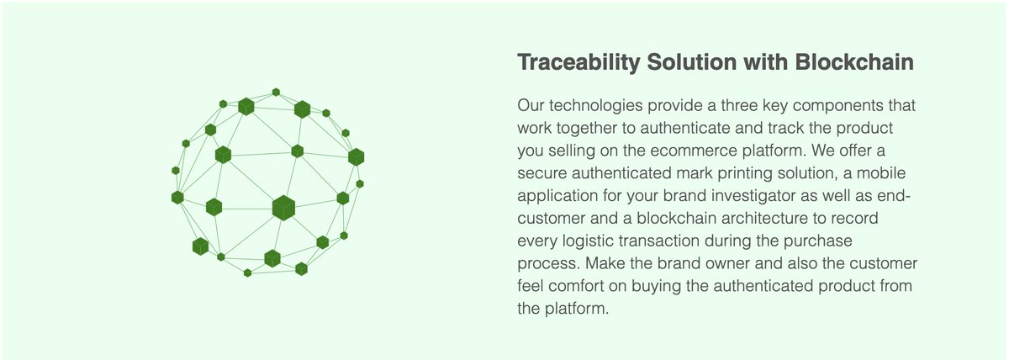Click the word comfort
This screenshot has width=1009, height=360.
(x=569, y=286)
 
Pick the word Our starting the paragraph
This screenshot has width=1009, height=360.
(x=532, y=107)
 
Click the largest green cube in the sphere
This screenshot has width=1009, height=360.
(x=283, y=208)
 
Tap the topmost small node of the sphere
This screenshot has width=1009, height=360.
(x=276, y=92)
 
